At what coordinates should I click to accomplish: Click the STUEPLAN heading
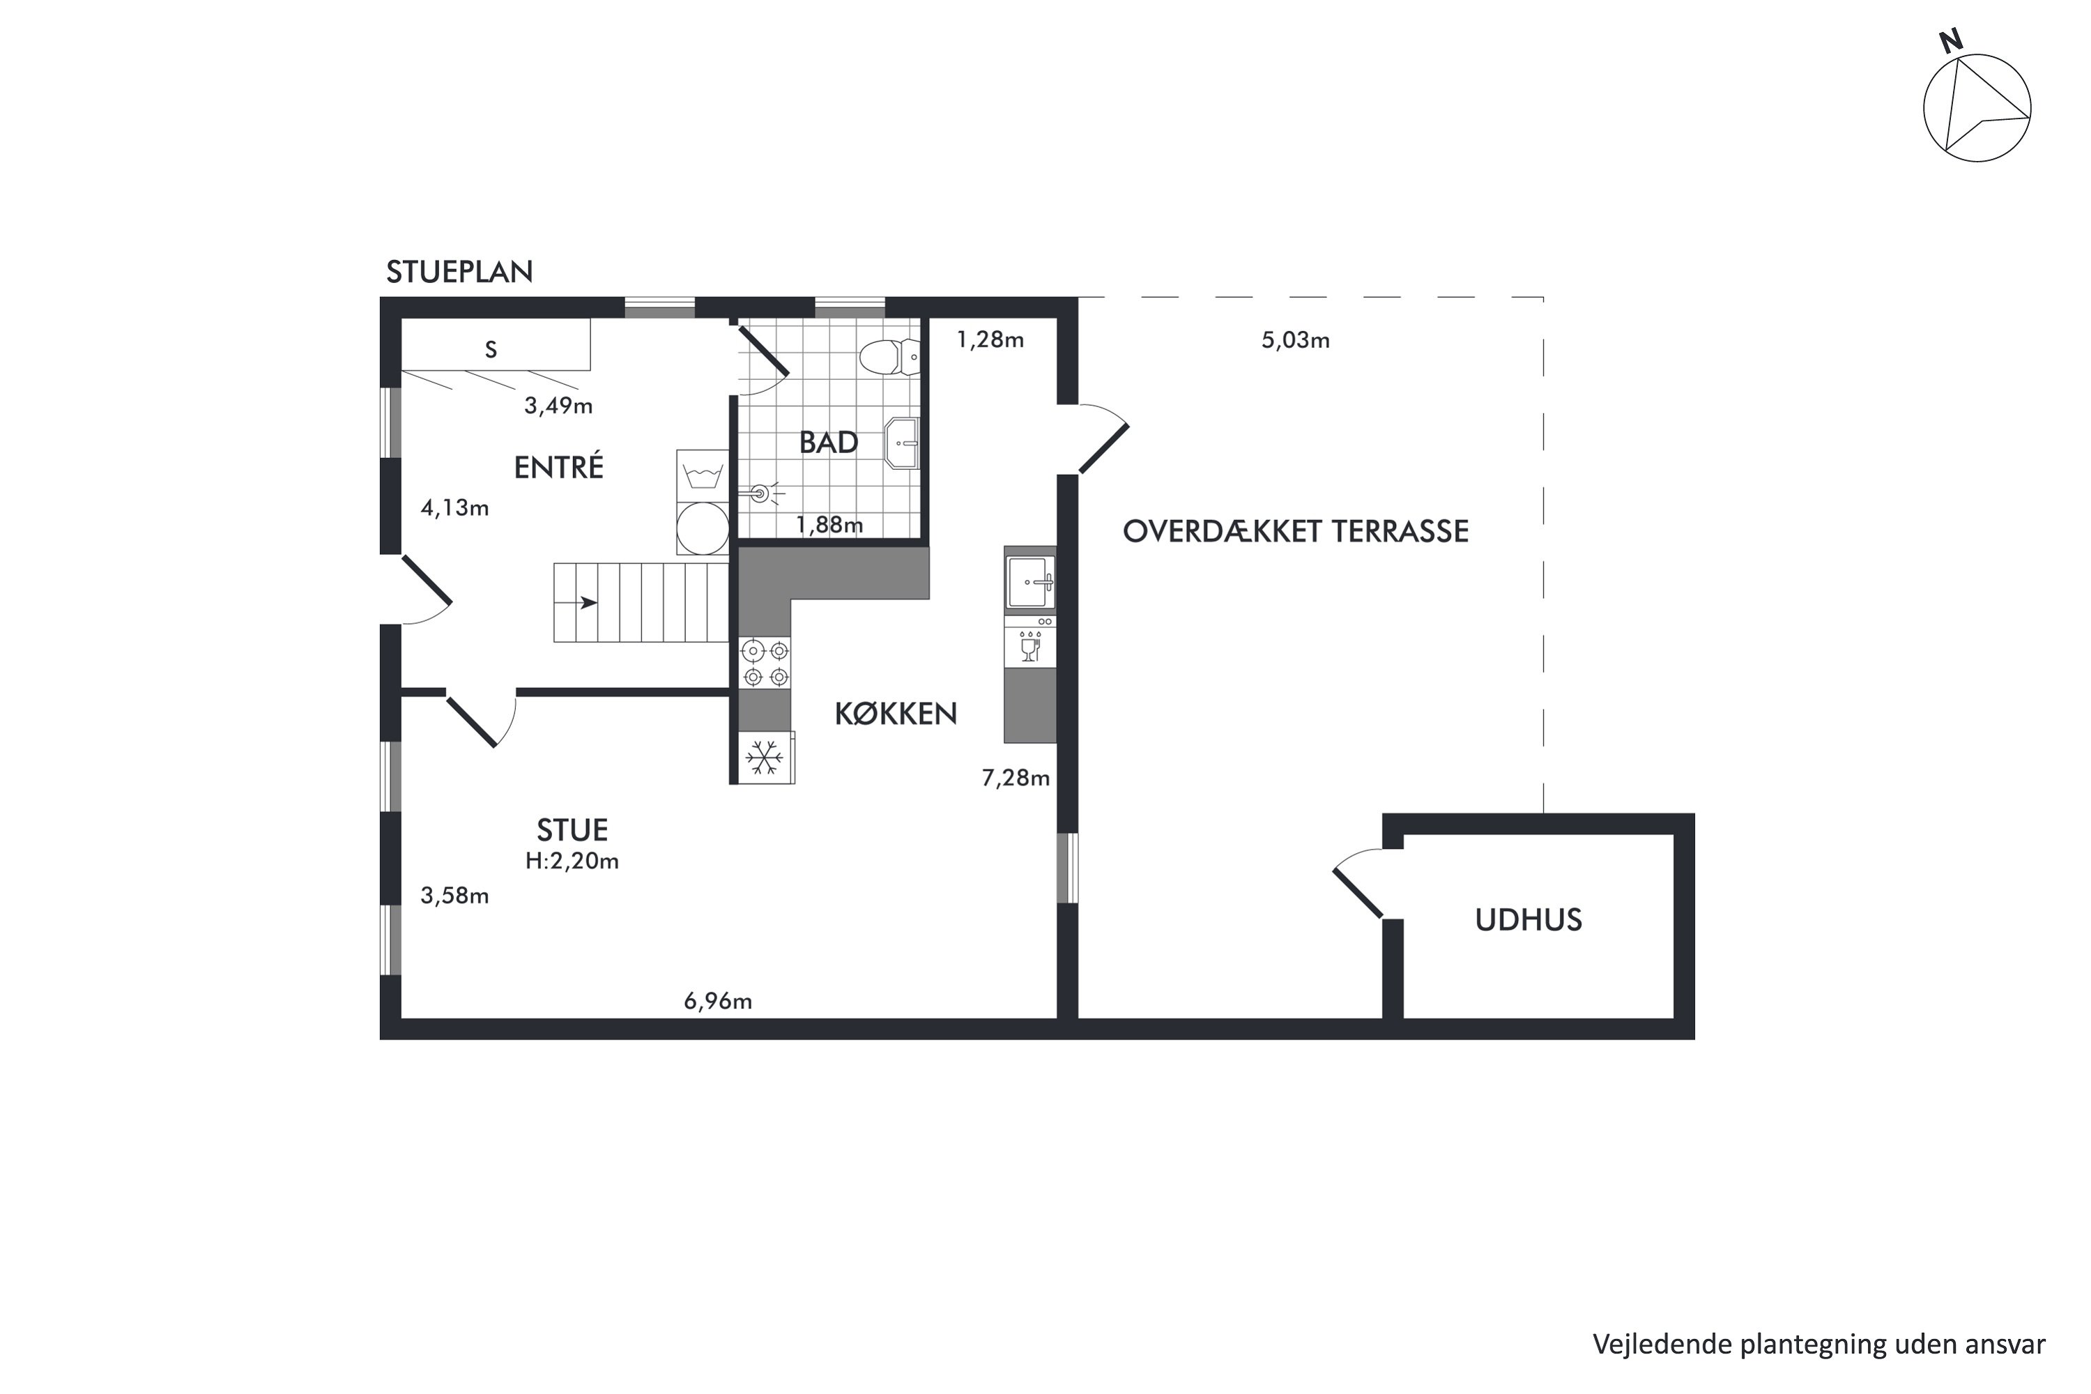[459, 272]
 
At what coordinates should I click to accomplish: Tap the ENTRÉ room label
[558, 468]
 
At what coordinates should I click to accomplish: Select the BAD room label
[828, 443]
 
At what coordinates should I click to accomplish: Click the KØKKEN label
[895, 714]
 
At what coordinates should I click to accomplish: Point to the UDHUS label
[1529, 920]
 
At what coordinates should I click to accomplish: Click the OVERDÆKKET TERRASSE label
[1295, 532]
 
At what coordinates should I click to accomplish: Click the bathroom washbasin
[901, 443]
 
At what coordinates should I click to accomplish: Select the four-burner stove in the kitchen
[765, 664]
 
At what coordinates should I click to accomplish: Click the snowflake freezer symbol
[765, 758]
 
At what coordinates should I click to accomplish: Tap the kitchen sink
[1030, 582]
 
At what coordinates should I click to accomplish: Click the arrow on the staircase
[587, 603]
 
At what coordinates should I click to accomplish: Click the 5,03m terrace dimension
[1295, 341]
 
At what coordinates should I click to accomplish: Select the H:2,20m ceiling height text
[572, 861]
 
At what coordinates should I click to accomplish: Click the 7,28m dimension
[1016, 779]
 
